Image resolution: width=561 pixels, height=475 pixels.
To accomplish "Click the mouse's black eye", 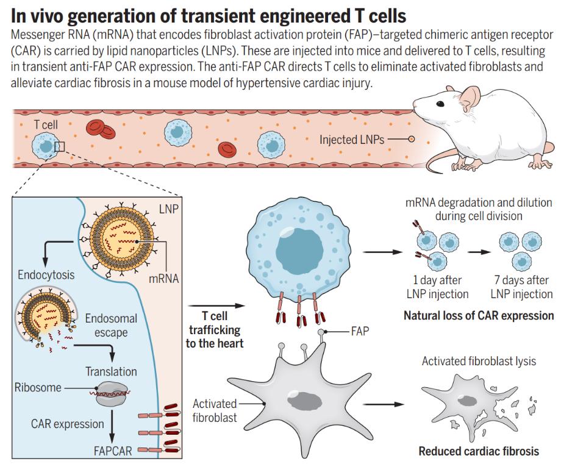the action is (x=440, y=104).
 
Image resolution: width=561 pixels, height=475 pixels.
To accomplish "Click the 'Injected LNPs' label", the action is (x=352, y=140).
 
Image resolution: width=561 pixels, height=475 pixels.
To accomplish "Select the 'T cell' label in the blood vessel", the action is (x=46, y=124).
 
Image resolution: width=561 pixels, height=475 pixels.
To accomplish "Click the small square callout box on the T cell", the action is (x=59, y=146).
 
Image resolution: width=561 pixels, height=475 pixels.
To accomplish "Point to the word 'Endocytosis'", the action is (x=46, y=275).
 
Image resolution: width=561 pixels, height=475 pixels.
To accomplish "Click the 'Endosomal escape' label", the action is (x=111, y=325).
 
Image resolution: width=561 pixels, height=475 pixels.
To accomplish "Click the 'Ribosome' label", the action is (x=38, y=387).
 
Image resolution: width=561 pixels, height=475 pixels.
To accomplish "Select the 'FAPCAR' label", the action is (x=113, y=451).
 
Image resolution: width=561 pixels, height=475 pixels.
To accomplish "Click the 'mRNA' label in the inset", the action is (x=163, y=278).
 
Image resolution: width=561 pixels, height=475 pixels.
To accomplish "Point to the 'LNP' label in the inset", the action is (x=168, y=209).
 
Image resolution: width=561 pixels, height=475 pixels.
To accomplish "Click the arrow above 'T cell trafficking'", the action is (x=216, y=306).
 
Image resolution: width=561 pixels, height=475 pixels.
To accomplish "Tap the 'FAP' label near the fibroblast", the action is (x=360, y=331).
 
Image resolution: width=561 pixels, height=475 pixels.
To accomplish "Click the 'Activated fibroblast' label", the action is (x=215, y=410).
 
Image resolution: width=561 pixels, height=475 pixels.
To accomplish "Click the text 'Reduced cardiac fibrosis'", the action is (x=479, y=451).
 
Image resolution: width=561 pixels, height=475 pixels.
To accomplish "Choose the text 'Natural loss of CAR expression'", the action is (x=479, y=315).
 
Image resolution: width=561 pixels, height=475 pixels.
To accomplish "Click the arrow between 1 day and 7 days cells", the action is (x=479, y=252).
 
